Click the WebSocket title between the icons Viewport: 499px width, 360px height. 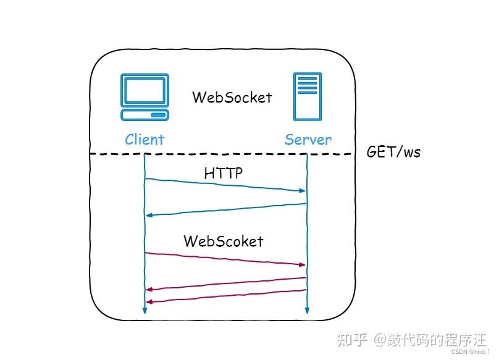[232, 98]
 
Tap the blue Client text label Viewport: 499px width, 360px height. [145, 140]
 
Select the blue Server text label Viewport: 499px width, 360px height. [308, 140]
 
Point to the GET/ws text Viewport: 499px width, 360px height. [393, 152]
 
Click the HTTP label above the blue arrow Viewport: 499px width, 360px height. [224, 174]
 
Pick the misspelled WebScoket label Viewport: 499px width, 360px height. [223, 241]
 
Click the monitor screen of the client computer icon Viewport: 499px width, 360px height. [145, 90]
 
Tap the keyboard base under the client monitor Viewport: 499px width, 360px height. [145, 115]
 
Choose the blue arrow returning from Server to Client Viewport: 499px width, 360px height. [225, 209]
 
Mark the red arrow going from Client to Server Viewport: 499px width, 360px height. [225, 259]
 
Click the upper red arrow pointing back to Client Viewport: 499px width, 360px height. [225, 283]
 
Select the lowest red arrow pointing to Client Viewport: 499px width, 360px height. [225, 296]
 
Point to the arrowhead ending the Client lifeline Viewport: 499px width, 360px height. [145, 311]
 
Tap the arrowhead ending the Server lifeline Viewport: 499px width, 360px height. [307, 311]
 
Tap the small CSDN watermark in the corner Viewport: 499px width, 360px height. [459, 352]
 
